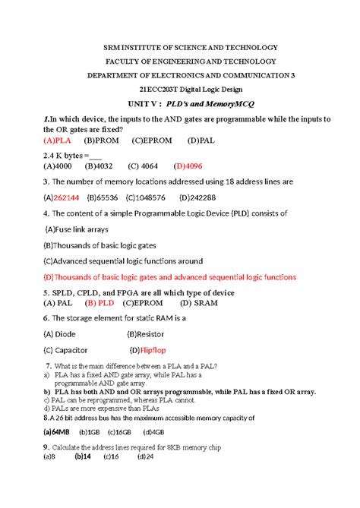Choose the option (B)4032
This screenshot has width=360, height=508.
click(x=99, y=165)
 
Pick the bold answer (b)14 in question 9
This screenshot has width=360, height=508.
click(x=82, y=457)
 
